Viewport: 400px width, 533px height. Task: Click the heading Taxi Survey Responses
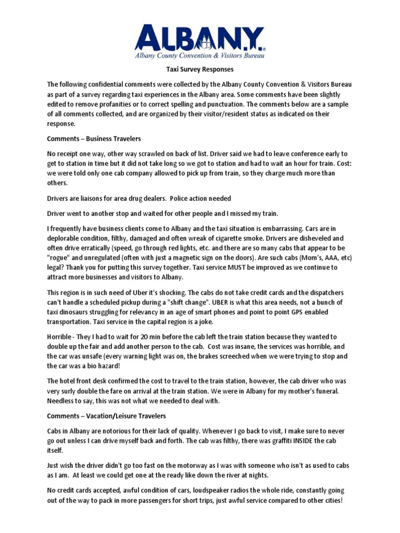[199, 69]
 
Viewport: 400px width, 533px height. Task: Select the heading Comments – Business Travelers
[94, 139]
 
